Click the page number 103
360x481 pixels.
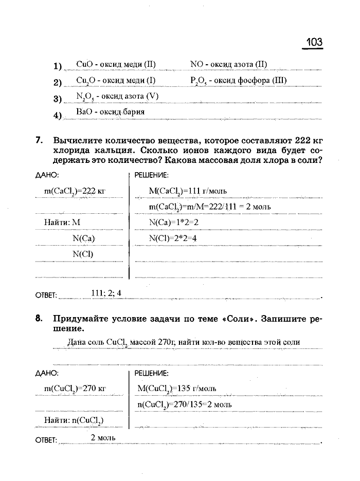(314, 41)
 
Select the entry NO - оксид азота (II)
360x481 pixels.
(228, 65)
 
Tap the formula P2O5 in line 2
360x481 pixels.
(197, 81)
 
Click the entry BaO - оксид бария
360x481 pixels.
(110, 112)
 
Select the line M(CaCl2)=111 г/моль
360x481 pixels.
(187, 191)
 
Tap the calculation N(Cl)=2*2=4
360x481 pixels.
(173, 238)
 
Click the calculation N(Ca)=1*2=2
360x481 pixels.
(173, 223)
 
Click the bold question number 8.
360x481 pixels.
(39, 319)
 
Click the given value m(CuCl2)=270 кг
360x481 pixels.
(75, 388)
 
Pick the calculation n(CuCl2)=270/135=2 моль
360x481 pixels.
(185, 404)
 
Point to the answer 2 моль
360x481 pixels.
(103, 438)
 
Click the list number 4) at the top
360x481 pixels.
(57, 115)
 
